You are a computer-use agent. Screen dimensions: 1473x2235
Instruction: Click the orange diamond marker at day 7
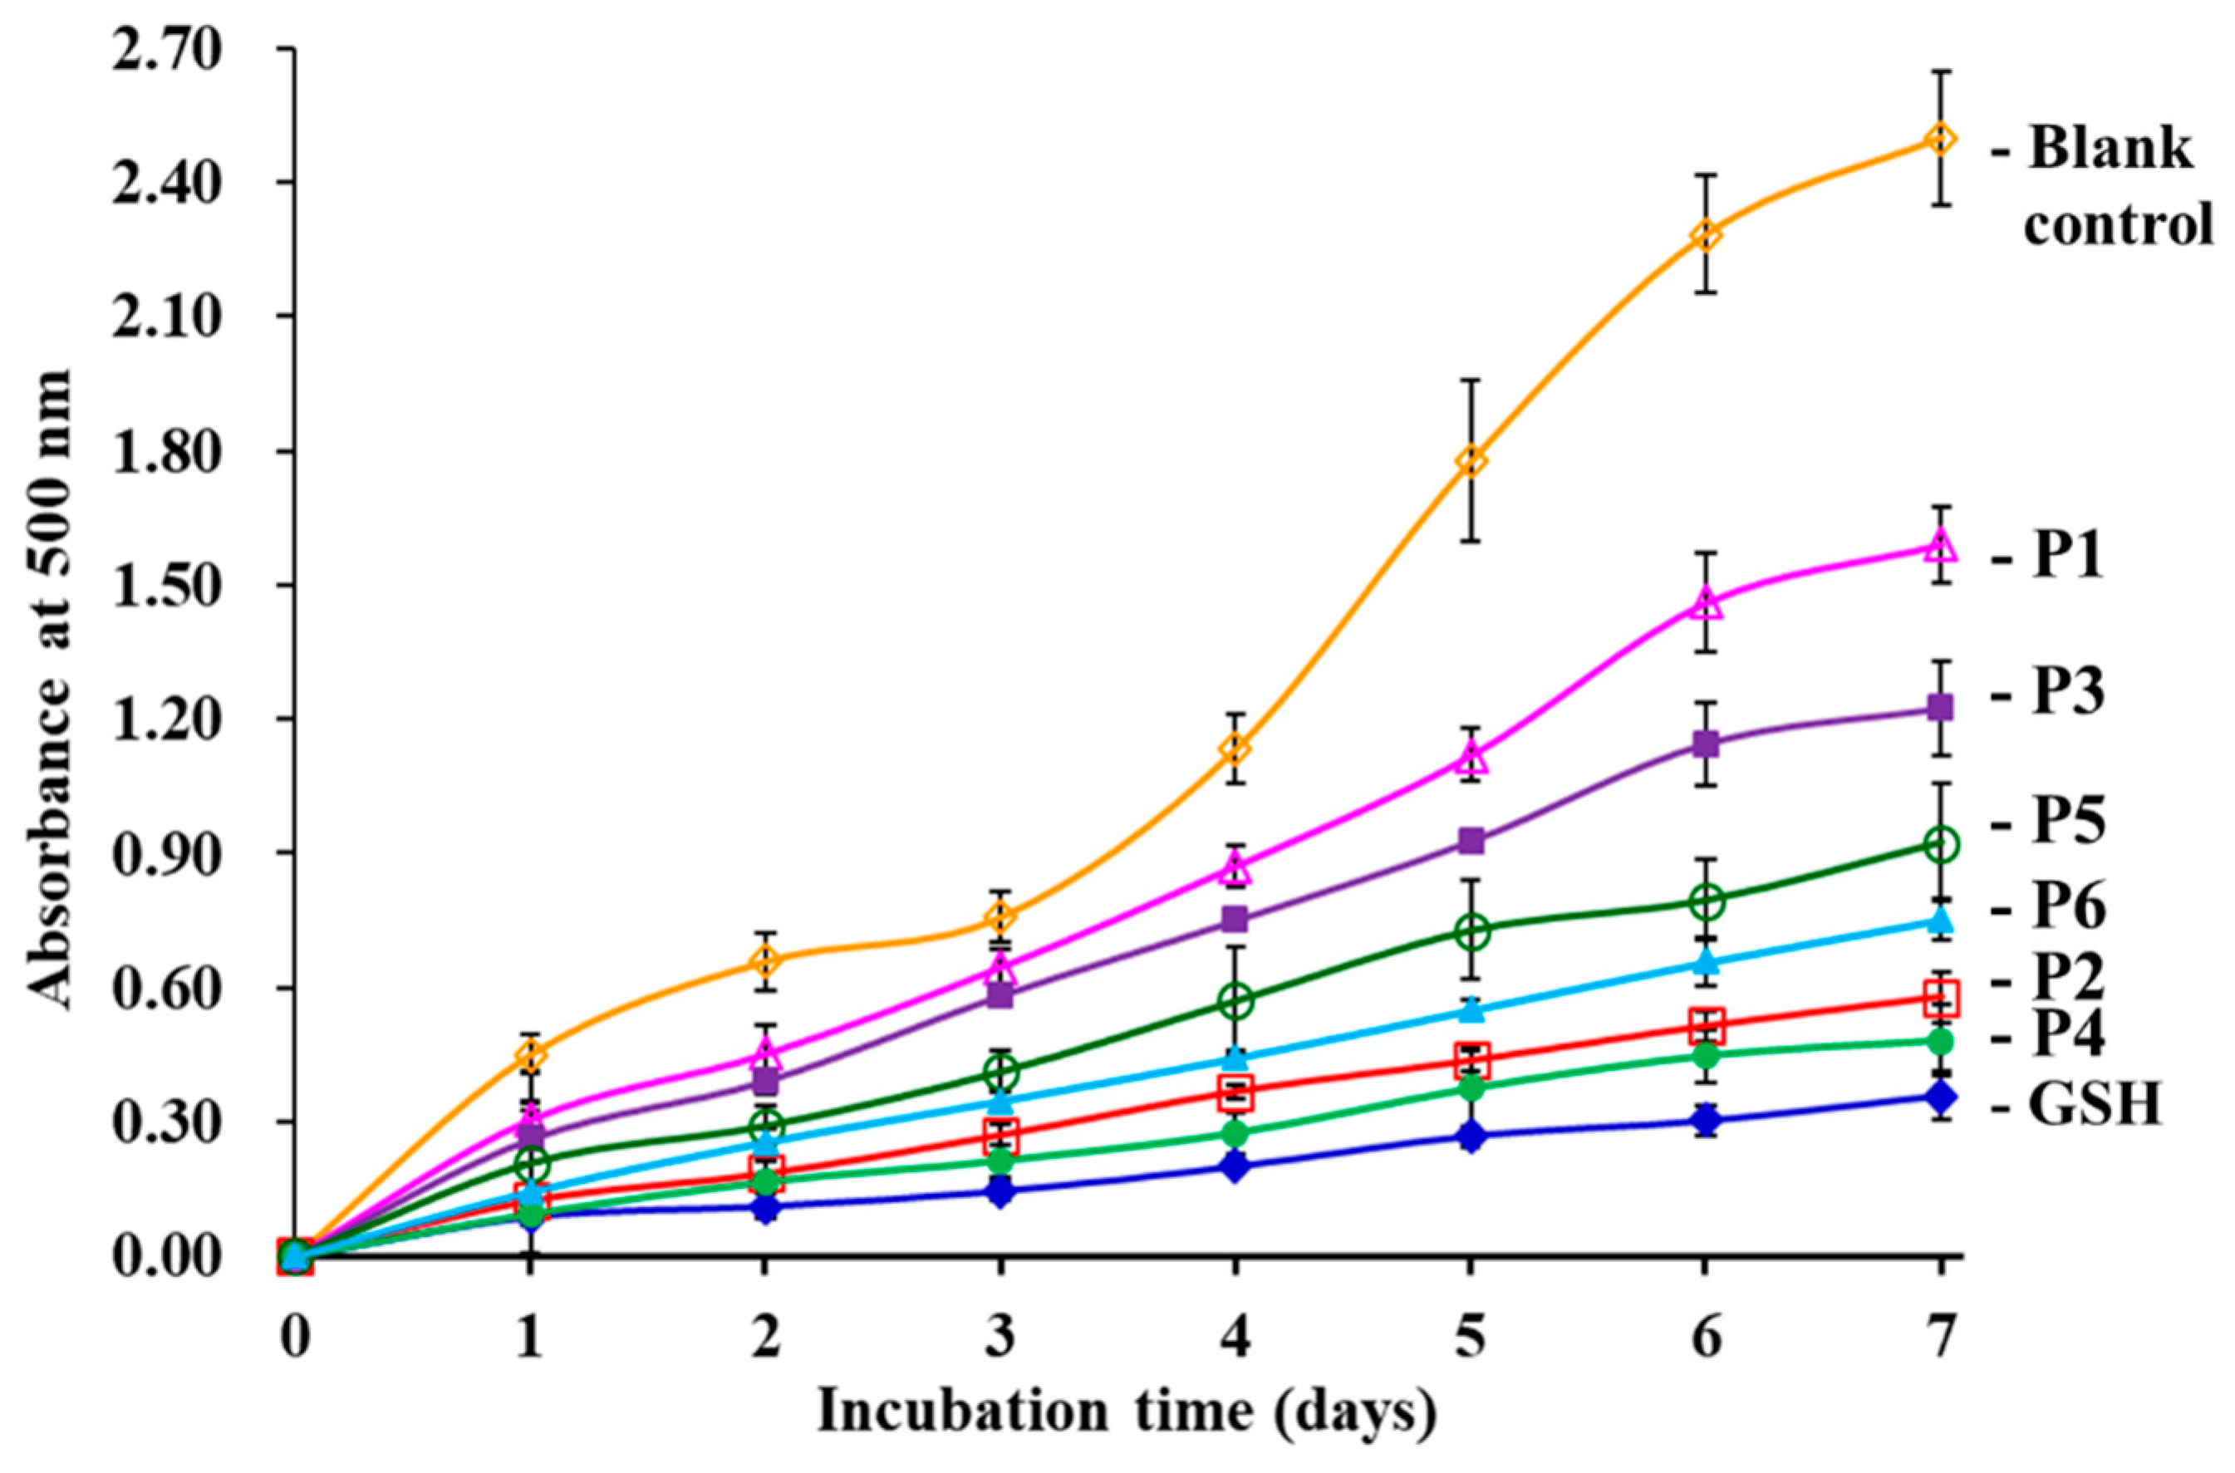tap(1940, 140)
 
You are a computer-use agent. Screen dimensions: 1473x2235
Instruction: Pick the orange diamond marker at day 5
tap(1471, 461)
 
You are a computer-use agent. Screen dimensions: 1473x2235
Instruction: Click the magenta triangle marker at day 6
tap(1706, 604)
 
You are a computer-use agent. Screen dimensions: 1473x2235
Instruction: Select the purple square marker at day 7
tap(1940, 707)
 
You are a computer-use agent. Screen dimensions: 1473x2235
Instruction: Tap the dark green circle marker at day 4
tap(1235, 1001)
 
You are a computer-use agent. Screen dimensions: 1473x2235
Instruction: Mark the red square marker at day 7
tap(1940, 998)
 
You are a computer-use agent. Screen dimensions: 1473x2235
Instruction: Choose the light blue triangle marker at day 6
tap(1706, 961)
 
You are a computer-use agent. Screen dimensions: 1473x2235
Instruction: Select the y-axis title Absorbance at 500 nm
tap(49, 690)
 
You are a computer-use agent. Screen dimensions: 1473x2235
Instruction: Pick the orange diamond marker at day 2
tap(767, 961)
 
